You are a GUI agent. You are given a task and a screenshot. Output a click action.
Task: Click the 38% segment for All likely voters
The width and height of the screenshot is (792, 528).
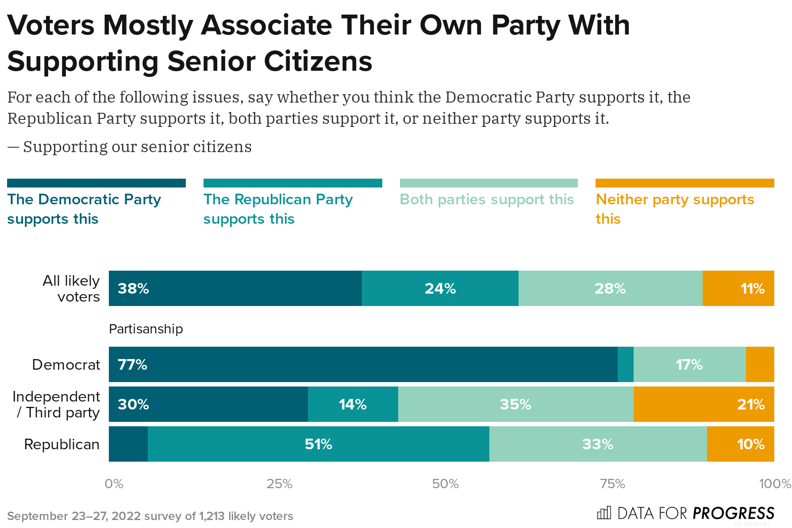pyautogui.click(x=235, y=288)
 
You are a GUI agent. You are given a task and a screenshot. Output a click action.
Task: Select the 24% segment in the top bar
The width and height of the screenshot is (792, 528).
pyautogui.click(x=440, y=288)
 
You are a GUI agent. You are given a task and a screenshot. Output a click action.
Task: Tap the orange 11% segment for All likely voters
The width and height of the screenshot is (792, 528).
pyautogui.click(x=738, y=288)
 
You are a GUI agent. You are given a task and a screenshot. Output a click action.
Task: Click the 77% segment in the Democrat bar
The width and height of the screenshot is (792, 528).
pyautogui.click(x=363, y=364)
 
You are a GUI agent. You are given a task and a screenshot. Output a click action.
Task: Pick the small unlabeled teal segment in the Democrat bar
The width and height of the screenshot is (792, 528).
pyautogui.click(x=625, y=364)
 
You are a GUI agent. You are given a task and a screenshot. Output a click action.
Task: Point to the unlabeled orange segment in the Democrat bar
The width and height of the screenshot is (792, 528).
pyautogui.click(x=760, y=364)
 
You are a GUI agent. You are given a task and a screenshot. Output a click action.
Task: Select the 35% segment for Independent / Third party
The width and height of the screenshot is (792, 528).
pyautogui.click(x=515, y=404)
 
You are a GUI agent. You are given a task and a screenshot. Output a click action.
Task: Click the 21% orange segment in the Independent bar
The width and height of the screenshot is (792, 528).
pyautogui.click(x=704, y=404)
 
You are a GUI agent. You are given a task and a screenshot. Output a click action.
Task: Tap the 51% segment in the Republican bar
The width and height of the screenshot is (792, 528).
pyautogui.click(x=318, y=444)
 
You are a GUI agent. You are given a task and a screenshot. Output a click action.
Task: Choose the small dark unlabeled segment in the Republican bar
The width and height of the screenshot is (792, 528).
pyautogui.click(x=128, y=444)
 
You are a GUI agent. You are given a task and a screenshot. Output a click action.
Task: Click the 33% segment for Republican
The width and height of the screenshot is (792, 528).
pyautogui.click(x=598, y=444)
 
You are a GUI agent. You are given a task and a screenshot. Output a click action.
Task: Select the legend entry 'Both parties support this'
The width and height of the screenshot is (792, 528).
pyautogui.click(x=487, y=199)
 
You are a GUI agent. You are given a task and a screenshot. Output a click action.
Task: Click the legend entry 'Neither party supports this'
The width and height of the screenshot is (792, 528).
pyautogui.click(x=674, y=208)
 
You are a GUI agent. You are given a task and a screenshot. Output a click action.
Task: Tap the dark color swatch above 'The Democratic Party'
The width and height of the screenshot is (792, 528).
pyautogui.click(x=96, y=183)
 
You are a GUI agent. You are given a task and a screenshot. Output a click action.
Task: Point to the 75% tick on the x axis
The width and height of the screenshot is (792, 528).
pyautogui.click(x=612, y=484)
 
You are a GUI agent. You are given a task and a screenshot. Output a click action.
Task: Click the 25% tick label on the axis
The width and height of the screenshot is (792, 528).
pyautogui.click(x=279, y=484)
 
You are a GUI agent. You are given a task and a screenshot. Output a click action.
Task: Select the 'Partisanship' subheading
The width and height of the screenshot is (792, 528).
pyautogui.click(x=146, y=329)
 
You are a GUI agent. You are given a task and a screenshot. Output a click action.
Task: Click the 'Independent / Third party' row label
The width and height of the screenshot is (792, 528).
pyautogui.click(x=56, y=404)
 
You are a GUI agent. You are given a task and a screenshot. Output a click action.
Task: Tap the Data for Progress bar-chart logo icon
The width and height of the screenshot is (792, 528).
pyautogui.click(x=604, y=513)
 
